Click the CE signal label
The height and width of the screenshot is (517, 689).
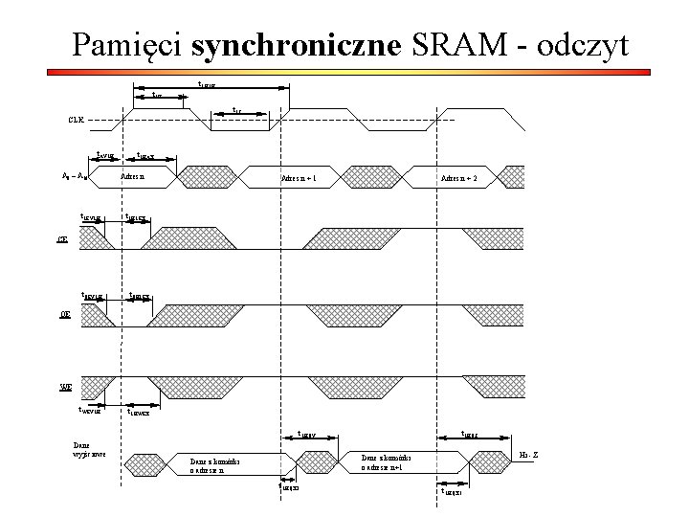[x=63, y=239]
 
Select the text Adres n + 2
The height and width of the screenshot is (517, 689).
[x=459, y=179]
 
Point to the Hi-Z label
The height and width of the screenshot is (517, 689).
[x=527, y=452]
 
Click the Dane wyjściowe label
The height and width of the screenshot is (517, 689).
[x=88, y=449]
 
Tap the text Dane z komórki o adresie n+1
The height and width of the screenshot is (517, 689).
[x=387, y=463]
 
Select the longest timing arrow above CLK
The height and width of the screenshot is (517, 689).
[x=211, y=88]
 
